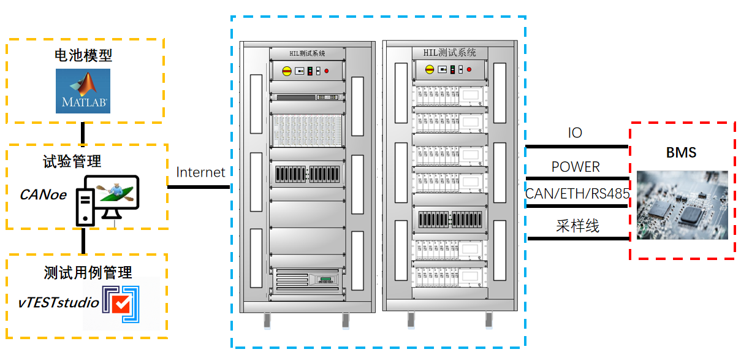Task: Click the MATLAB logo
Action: pyautogui.click(x=83, y=91)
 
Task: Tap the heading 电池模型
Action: pyautogui.click(x=83, y=55)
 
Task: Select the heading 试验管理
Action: pyautogui.click(x=72, y=161)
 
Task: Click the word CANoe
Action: pyautogui.click(x=44, y=194)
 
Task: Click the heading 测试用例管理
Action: pyautogui.click(x=88, y=273)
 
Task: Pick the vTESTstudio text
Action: pyautogui.click(x=59, y=302)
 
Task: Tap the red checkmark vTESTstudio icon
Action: pyautogui.click(x=121, y=304)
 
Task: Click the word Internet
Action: pyautogui.click(x=200, y=172)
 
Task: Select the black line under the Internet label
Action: pyautogui.click(x=199, y=187)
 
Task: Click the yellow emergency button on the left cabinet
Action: pyautogui.click(x=287, y=71)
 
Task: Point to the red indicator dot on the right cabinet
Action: pyautogui.click(x=469, y=69)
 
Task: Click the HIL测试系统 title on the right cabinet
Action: pyautogui.click(x=449, y=53)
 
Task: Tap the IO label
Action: pyautogui.click(x=575, y=132)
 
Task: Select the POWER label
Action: pyautogui.click(x=576, y=167)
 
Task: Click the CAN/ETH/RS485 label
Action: pyautogui.click(x=577, y=194)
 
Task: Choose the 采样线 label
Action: pyautogui.click(x=577, y=226)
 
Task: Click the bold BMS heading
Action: pyautogui.click(x=681, y=153)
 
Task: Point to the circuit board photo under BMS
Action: pyautogui.click(x=682, y=205)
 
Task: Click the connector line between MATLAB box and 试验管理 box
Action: pyautogui.click(x=83, y=134)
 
